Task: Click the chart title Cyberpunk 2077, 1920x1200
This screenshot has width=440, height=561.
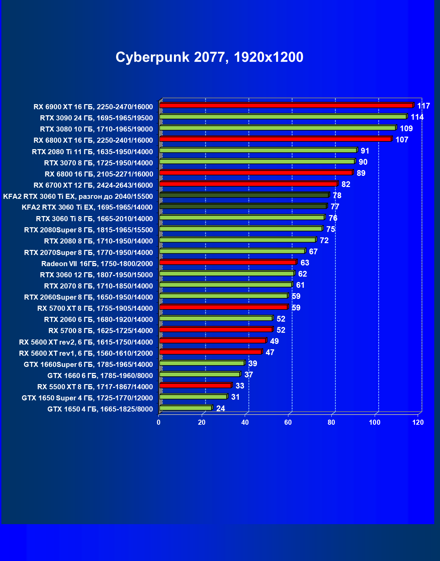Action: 209,57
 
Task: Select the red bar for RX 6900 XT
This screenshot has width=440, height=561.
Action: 286,106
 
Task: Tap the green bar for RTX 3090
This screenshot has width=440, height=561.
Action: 283,117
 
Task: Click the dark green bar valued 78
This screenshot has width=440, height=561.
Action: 244,195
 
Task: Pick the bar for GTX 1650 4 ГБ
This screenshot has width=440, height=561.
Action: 185,408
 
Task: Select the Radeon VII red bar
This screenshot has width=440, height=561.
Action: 227,262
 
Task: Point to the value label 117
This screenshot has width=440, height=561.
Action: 423,106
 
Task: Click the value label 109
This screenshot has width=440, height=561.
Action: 406,128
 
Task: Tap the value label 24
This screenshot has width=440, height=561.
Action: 220,408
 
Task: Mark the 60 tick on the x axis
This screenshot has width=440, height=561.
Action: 288,422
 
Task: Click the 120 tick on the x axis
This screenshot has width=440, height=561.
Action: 418,422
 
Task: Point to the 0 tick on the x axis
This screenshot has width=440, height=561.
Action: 158,422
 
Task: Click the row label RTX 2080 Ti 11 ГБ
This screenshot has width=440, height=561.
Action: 92,152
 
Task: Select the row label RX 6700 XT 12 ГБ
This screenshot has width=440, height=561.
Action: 93,185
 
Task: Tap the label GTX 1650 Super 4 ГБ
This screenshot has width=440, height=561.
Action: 87,398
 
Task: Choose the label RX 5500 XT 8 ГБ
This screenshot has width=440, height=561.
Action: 95,387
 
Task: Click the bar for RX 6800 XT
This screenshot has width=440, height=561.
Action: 275,139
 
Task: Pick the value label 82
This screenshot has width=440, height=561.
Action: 346,184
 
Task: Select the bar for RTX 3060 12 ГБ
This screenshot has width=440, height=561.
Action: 226,273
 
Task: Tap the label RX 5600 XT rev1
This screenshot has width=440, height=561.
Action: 86,353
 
